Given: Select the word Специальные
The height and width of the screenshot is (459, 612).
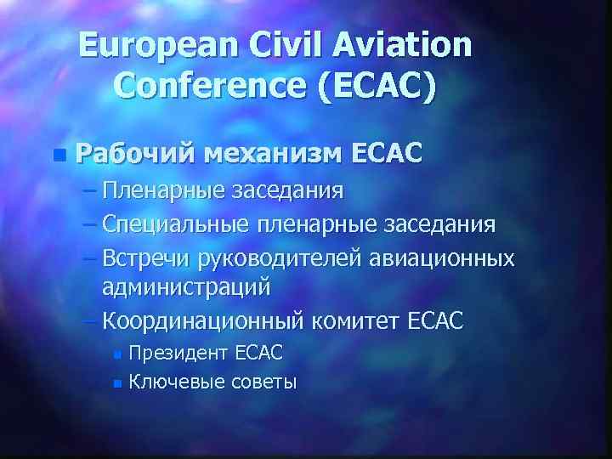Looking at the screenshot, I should click(x=173, y=224).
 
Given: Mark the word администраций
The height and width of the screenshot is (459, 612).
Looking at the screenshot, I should click(x=186, y=287).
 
